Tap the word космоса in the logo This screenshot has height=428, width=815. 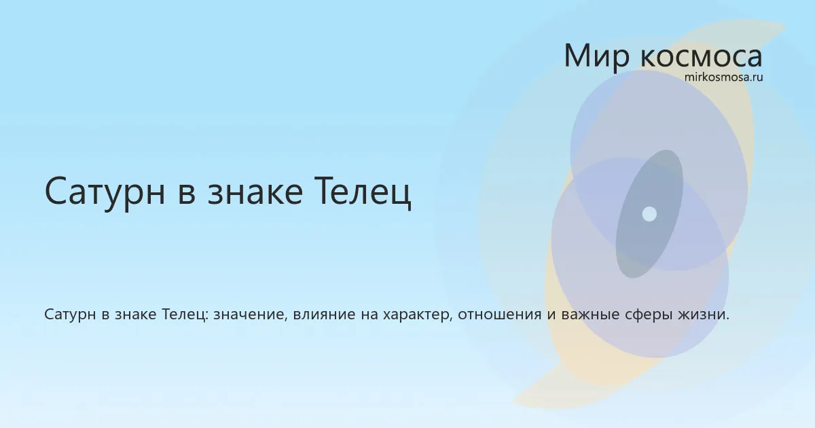[x=701, y=57]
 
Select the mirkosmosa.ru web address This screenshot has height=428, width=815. [x=724, y=77]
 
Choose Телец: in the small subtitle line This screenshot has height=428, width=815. [x=185, y=315]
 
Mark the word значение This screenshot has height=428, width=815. [x=251, y=315]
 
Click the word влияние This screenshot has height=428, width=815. [x=324, y=315]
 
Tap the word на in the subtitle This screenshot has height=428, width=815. [x=369, y=315]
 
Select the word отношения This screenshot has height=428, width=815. [x=500, y=315]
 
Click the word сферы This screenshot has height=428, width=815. [x=648, y=315]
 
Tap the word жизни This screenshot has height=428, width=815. [x=704, y=315]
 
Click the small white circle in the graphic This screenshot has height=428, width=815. [x=649, y=214]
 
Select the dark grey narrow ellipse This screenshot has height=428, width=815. [x=649, y=214]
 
